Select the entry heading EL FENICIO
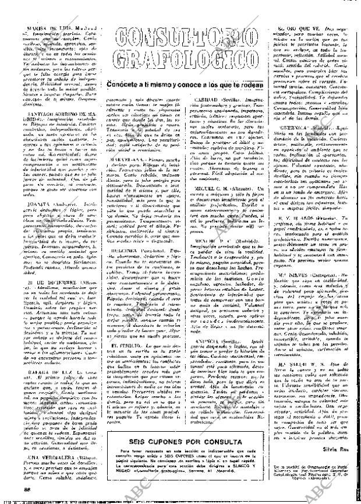click(x=123, y=329)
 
